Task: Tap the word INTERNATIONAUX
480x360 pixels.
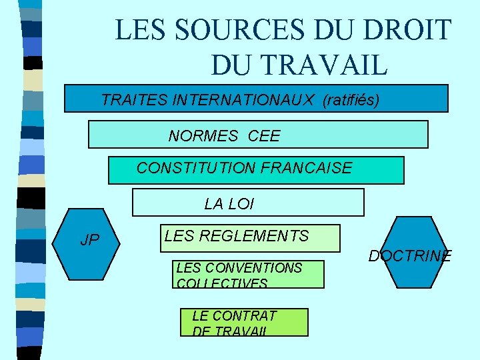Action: point(243,100)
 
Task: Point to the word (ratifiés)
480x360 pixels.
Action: point(351,100)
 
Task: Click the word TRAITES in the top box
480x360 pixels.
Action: point(135,100)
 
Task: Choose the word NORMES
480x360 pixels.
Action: point(203,136)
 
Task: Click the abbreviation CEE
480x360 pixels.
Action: point(264,136)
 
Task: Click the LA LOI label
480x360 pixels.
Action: point(229,204)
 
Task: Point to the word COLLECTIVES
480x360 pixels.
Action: point(222,283)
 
